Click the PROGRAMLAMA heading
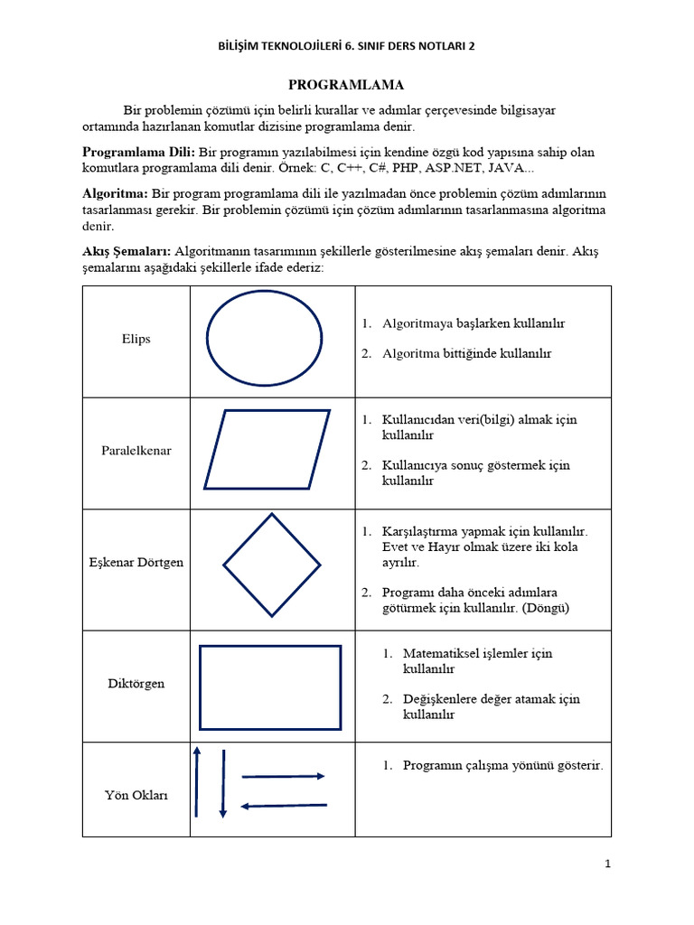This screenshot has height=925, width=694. [x=345, y=85]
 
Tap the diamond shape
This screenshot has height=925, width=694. [x=272, y=565]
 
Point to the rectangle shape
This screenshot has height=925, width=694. [x=270, y=687]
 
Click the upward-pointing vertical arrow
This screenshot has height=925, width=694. [x=196, y=783]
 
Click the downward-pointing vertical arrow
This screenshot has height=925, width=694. [x=222, y=783]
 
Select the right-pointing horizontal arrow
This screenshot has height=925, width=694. [x=283, y=776]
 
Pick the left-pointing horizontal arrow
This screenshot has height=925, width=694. [x=283, y=806]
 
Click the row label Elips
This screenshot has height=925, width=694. [x=136, y=340]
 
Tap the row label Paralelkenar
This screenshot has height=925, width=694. [x=136, y=450]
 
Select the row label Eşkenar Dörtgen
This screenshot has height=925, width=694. [x=136, y=563]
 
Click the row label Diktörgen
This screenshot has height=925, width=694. [x=136, y=684]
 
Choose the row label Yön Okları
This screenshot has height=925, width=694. [x=136, y=796]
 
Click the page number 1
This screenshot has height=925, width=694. [x=608, y=864]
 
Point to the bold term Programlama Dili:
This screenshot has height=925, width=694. [x=138, y=152]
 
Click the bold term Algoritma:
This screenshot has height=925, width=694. [x=115, y=193]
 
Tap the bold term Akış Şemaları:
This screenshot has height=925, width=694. [x=127, y=252]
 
